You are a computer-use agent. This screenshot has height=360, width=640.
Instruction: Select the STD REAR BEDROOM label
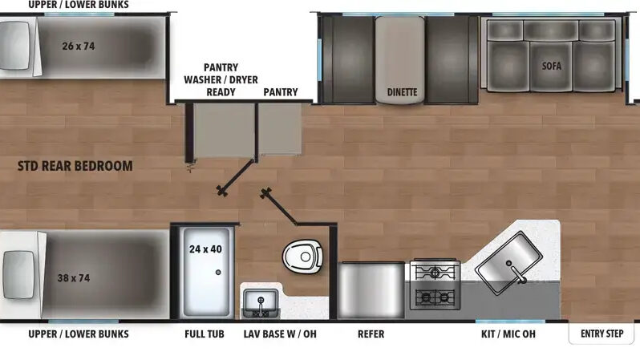coord(75,167)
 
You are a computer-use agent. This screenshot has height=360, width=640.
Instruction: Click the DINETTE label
coord(402,92)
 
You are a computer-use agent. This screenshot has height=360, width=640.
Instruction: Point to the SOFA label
coord(552,66)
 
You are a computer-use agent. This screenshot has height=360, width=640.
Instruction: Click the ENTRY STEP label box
coord(602,333)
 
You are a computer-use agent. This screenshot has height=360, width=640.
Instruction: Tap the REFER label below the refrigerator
coord(371,334)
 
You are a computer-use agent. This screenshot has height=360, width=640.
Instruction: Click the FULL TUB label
coord(205,334)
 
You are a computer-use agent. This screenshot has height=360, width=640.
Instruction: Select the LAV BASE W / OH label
coord(279,334)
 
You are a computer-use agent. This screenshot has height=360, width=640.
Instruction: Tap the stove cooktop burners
coord(433,285)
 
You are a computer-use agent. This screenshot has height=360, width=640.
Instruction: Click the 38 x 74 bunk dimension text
coord(73,278)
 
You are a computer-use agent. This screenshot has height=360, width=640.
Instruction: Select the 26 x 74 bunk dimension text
coord(78,46)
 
